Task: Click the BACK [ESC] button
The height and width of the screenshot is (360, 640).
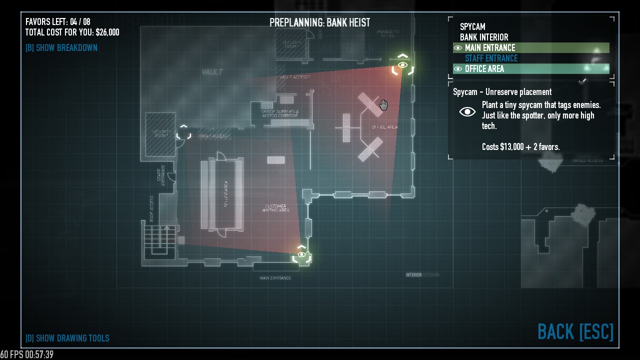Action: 575,331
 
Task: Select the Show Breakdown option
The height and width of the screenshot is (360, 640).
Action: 61,48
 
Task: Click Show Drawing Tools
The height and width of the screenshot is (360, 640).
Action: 67,338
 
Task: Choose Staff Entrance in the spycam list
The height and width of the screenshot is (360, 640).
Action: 491,58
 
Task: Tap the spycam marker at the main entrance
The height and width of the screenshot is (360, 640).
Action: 301,255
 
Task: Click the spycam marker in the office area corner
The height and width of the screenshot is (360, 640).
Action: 403,65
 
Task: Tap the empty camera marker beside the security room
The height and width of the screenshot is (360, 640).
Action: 183,132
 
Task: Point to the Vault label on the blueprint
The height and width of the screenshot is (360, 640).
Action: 212,72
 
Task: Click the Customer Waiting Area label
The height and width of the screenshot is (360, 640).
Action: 275,208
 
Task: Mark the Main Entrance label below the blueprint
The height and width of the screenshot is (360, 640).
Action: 275,278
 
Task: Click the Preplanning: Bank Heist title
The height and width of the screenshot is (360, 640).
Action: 319,22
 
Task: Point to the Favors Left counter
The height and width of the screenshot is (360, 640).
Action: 58,22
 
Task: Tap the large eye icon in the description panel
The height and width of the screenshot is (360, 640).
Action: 467,111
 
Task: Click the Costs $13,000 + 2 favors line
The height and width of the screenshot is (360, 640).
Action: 520,147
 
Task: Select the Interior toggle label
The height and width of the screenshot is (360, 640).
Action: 413,275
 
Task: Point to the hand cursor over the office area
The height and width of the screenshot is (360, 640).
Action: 383,105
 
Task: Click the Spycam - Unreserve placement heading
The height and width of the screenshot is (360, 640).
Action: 502,92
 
